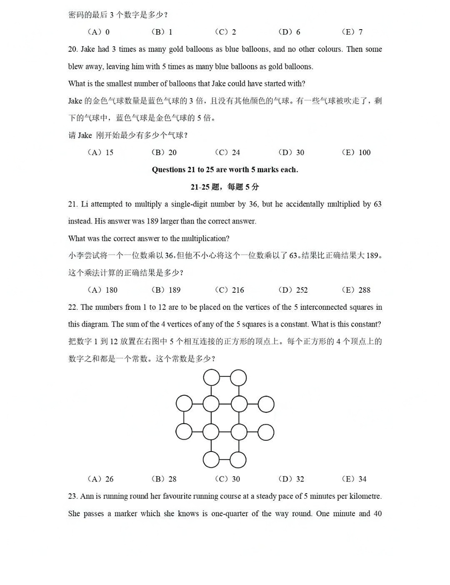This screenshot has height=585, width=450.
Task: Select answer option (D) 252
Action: point(293,290)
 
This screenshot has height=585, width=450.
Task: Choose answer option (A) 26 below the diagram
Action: point(100,479)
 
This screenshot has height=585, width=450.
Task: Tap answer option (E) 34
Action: point(354,479)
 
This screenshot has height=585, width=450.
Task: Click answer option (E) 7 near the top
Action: point(352,32)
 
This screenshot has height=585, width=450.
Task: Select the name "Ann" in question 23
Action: point(87,496)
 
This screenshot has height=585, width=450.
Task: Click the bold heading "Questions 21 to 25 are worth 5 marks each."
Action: point(225,170)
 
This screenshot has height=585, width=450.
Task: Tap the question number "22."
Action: point(73,307)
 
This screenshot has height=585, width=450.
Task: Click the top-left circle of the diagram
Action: point(211,378)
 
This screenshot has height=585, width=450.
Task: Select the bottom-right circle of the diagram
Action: point(238,460)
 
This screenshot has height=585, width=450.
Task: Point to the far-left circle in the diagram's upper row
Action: point(184,404)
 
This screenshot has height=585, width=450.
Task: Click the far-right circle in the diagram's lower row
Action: point(266,432)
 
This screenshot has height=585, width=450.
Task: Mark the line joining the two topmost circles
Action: point(225,377)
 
